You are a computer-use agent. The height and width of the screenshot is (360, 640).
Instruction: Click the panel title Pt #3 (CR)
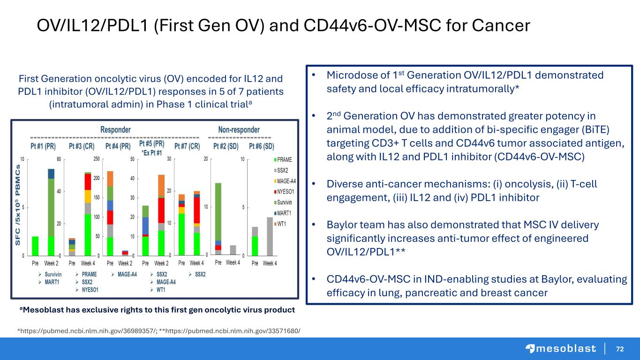[82, 146]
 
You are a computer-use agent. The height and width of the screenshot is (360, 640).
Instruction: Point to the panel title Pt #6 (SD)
[261, 146]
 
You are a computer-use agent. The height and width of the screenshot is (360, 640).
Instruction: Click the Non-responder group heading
[239, 129]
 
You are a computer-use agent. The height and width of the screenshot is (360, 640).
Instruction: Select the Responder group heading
[115, 129]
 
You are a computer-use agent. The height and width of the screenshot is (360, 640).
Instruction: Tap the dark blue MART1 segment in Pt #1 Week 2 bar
[51, 173]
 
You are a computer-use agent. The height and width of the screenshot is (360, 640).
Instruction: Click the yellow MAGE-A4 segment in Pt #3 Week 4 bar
[88, 196]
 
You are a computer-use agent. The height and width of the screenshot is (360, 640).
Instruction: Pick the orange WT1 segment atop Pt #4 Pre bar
[110, 179]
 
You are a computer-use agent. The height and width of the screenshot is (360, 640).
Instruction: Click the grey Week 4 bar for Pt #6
[270, 236]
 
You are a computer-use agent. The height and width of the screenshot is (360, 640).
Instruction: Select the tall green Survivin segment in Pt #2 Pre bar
[218, 211]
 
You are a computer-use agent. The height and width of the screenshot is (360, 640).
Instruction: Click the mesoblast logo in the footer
[560, 348]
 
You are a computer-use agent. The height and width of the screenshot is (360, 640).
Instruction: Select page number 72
[620, 349]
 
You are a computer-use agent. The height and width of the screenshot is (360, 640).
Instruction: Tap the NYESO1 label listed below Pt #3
[90, 289]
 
